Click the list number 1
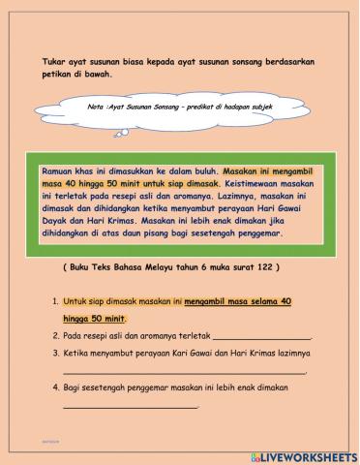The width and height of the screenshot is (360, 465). [56, 303]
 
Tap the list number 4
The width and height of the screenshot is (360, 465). [56, 388]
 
